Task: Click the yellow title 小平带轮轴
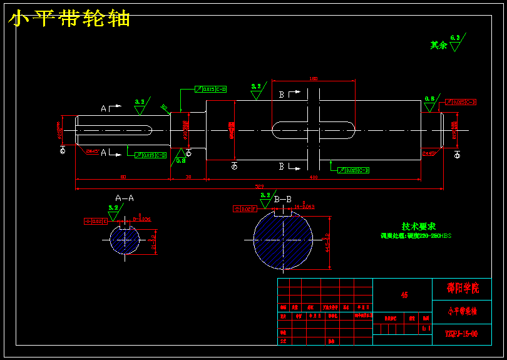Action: [x=69, y=19]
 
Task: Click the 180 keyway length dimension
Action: [x=314, y=78]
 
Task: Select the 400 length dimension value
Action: [x=314, y=178]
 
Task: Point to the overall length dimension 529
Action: [x=259, y=186]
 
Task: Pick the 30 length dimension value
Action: [x=188, y=178]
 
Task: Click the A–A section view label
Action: [x=125, y=198]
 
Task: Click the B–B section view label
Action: [x=283, y=199]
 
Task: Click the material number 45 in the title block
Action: [x=404, y=295]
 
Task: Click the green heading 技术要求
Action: [x=418, y=226]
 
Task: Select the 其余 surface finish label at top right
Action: [x=439, y=45]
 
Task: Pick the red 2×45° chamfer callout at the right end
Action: [x=429, y=153]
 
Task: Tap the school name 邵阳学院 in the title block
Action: [x=463, y=289]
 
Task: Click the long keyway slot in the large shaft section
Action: [x=313, y=130]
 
